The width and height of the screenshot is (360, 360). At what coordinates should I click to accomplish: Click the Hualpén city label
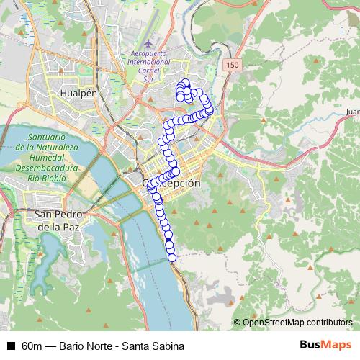pyautogui.click(x=80, y=94)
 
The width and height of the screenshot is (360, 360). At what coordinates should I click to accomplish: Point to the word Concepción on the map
pyautogui.click(x=173, y=184)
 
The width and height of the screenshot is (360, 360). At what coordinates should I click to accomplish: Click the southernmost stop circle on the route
pyautogui.click(x=171, y=257)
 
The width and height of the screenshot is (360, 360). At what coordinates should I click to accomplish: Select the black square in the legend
pyautogui.click(x=10, y=346)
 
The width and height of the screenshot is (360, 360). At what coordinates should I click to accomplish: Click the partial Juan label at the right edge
pyautogui.click(x=352, y=113)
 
